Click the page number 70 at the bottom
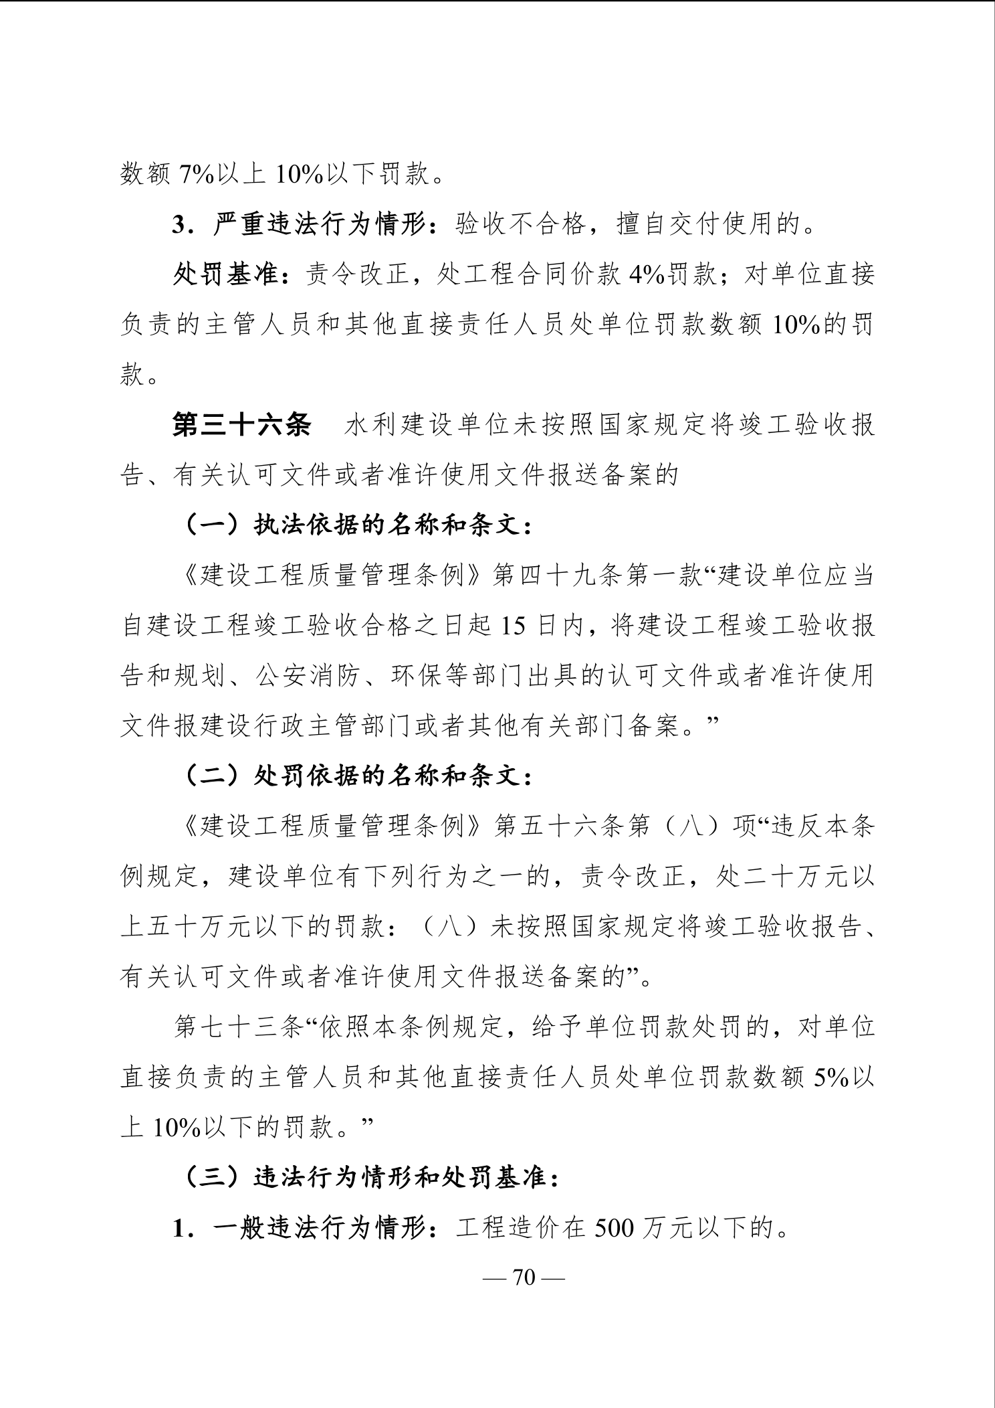point(524,1278)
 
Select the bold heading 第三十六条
point(241,426)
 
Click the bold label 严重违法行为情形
point(320,226)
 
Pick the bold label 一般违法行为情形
point(320,1229)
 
